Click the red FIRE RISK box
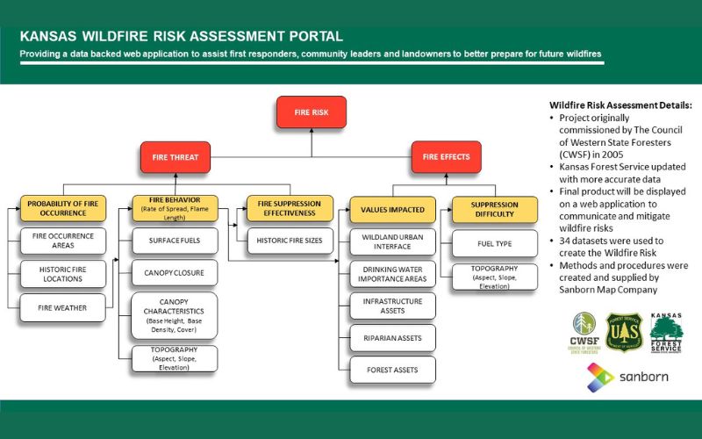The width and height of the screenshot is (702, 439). [x=311, y=112]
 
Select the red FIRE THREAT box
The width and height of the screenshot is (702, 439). [x=175, y=157]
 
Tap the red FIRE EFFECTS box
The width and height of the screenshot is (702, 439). [x=446, y=157]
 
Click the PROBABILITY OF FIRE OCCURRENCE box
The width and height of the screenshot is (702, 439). [x=62, y=208]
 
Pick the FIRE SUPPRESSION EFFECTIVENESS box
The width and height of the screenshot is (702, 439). [x=290, y=208]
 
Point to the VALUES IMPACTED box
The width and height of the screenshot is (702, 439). [x=392, y=210]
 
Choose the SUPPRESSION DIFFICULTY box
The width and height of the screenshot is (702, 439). [x=494, y=209]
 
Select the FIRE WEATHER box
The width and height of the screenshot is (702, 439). [x=62, y=307]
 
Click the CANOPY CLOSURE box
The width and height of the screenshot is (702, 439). [x=175, y=273]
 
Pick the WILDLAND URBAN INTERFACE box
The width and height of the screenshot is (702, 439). [x=392, y=241]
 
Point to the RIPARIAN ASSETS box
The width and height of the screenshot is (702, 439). [x=392, y=337]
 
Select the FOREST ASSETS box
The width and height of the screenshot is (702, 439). [x=392, y=370]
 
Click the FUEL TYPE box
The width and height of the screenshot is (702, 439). [x=494, y=242]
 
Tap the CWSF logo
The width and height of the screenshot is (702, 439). [x=584, y=332]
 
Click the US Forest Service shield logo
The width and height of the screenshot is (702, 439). [x=624, y=333]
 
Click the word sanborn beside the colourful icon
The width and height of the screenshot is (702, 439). [x=645, y=378]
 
